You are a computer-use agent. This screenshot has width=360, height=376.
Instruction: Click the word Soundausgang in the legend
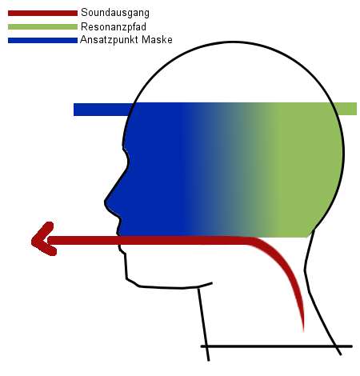click(115, 13)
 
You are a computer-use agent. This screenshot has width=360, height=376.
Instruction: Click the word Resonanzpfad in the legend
click(114, 26)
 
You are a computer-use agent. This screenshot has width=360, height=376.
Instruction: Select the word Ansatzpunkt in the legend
click(110, 40)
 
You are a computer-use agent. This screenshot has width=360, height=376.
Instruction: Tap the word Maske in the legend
click(157, 39)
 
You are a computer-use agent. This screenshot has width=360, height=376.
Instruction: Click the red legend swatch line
click(42, 13)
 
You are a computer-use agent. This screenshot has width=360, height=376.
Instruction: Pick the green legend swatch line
click(42, 26)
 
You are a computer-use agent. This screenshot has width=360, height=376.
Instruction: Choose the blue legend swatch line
click(42, 40)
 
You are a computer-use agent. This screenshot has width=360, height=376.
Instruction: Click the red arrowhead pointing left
click(42, 238)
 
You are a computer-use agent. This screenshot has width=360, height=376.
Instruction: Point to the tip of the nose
click(106, 202)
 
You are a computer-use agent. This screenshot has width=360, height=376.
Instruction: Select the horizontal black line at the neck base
click(277, 346)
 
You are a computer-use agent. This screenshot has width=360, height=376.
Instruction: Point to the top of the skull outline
click(234, 42)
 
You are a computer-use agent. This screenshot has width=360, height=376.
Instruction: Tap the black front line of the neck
click(203, 325)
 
